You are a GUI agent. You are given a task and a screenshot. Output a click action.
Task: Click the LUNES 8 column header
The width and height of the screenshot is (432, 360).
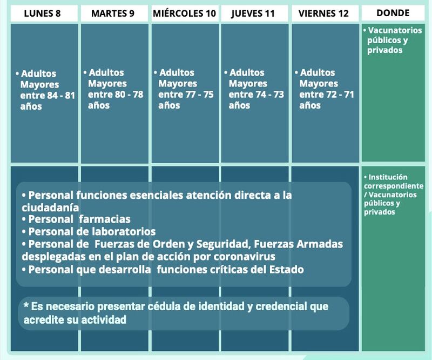click(42, 13)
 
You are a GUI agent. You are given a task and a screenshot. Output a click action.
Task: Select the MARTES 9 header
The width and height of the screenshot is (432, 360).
click(113, 13)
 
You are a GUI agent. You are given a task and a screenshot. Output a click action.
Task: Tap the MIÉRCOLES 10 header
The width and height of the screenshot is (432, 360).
click(184, 13)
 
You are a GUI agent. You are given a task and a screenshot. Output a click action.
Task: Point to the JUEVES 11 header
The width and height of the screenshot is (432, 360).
click(253, 14)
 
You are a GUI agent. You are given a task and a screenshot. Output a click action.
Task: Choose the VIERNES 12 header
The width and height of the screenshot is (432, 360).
click(323, 13)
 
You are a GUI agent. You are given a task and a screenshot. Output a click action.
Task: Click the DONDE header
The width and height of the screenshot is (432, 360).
click(393, 12)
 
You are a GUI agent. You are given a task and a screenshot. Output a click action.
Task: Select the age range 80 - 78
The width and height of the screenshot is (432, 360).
click(129, 95)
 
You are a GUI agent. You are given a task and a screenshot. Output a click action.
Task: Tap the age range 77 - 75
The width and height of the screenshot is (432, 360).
click(199, 95)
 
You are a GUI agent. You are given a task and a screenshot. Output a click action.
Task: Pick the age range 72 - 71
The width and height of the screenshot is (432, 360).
click(340, 95)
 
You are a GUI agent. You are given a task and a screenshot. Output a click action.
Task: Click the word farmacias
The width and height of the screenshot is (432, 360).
click(105, 219)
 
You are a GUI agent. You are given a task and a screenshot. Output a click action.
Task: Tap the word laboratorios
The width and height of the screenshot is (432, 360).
click(124, 231)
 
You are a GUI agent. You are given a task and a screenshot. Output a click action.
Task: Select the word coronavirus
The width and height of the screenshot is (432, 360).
click(245, 257)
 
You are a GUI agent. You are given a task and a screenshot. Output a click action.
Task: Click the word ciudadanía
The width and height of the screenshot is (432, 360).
click(50, 208)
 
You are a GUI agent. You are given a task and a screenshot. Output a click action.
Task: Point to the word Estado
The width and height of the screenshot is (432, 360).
click(287, 269)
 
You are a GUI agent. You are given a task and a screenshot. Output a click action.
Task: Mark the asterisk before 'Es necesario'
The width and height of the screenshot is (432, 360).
click(26, 305)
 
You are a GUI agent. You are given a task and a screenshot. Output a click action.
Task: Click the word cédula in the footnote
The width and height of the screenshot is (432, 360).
click(163, 306)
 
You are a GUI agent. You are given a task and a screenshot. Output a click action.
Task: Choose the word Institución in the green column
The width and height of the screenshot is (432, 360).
click(388, 177)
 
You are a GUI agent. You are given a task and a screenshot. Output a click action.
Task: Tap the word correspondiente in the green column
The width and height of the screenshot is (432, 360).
click(394, 186)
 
